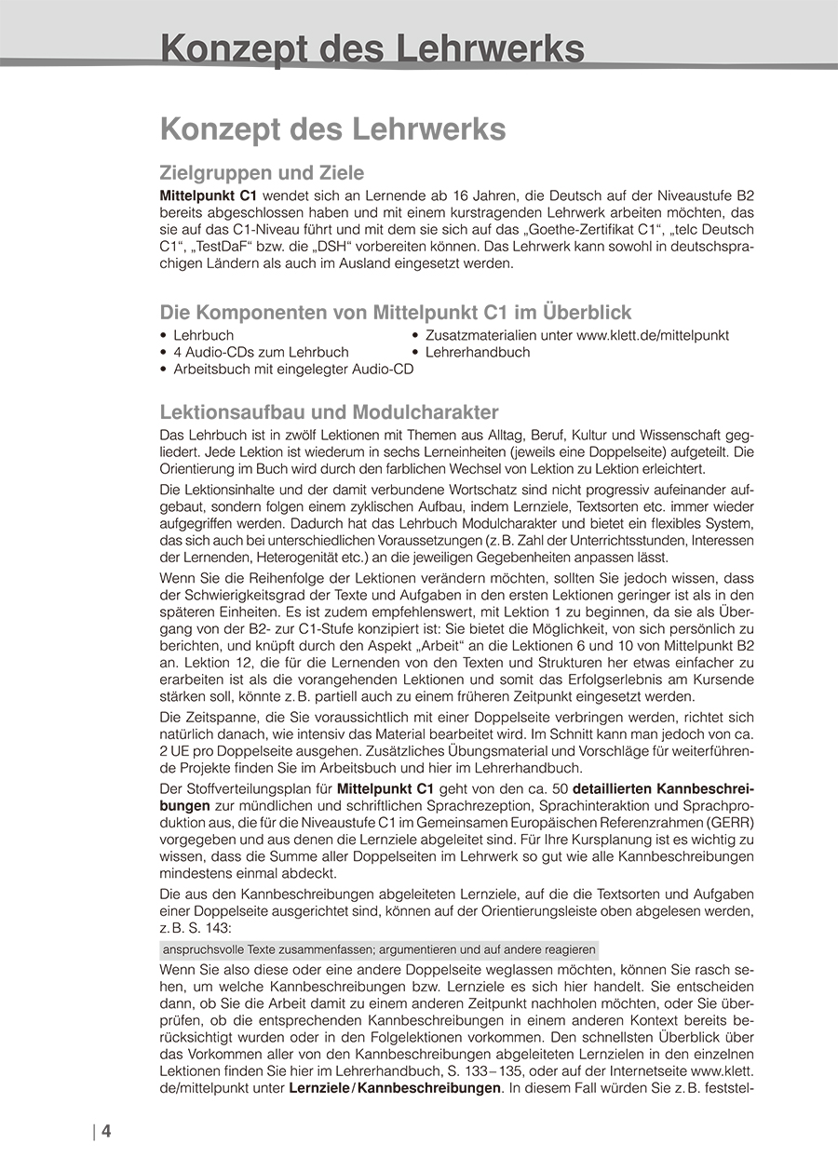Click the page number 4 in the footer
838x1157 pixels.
pyautogui.click(x=106, y=1132)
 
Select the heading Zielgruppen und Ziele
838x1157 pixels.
pyautogui.click(x=262, y=173)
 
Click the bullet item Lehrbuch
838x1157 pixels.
pyautogui.click(x=203, y=335)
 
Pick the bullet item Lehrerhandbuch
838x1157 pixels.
pyautogui.click(x=477, y=352)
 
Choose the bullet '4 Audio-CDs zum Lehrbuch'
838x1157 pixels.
pyautogui.click(x=261, y=352)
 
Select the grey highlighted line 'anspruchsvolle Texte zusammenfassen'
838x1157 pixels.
pyautogui.click(x=379, y=949)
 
